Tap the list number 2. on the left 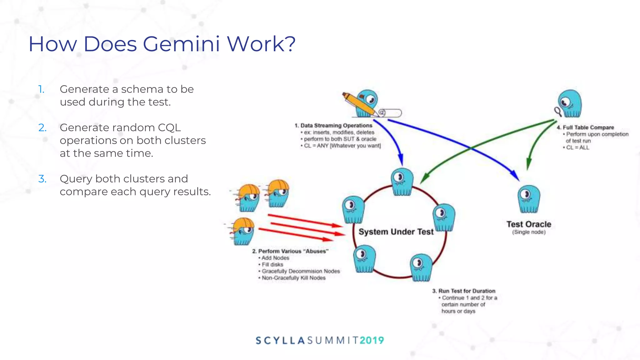(x=42, y=128)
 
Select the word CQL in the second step (x=169, y=128)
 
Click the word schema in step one (x=143, y=89)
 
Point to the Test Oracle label (x=529, y=224)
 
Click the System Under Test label (x=396, y=232)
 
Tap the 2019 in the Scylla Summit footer (x=372, y=340)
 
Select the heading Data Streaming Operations (x=336, y=126)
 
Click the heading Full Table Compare (x=588, y=127)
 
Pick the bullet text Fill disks (x=272, y=265)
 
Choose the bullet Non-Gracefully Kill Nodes (x=294, y=278)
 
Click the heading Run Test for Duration (x=467, y=291)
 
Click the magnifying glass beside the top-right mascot (x=558, y=111)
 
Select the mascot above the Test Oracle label (x=529, y=199)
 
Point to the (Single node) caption (x=529, y=232)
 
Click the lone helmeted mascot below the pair (x=243, y=231)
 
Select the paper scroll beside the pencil (x=391, y=113)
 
